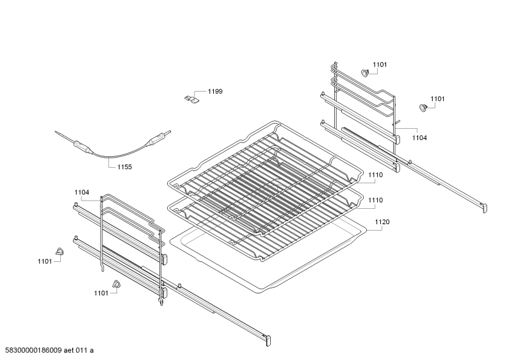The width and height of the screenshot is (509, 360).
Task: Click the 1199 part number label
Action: click(x=215, y=92)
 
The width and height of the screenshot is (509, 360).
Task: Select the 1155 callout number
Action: click(x=125, y=167)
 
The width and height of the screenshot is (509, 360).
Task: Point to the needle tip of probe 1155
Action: click(x=55, y=131)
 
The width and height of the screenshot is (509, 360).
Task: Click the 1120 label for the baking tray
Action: click(x=382, y=222)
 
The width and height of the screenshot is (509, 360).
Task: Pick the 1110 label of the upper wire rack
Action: click(x=376, y=175)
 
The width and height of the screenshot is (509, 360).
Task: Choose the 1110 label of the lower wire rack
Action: click(x=376, y=200)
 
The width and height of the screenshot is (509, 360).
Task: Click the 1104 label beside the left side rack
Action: click(x=82, y=192)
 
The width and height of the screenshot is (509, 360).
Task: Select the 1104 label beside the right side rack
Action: click(x=419, y=138)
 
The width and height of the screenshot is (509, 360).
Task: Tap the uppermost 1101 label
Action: click(x=380, y=65)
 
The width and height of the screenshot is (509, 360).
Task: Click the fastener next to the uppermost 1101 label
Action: click(x=365, y=73)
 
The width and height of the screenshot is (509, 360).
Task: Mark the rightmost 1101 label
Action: click(x=437, y=99)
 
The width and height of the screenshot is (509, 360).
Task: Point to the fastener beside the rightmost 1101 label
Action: click(x=423, y=108)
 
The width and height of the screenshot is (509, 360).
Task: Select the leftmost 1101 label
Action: click(x=45, y=261)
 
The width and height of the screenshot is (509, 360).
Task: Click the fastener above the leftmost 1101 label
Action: click(x=60, y=251)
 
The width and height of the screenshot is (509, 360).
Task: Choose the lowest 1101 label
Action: click(x=101, y=293)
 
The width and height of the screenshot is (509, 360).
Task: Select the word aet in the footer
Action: click(x=69, y=350)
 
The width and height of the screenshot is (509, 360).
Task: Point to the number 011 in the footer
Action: click(x=81, y=350)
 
